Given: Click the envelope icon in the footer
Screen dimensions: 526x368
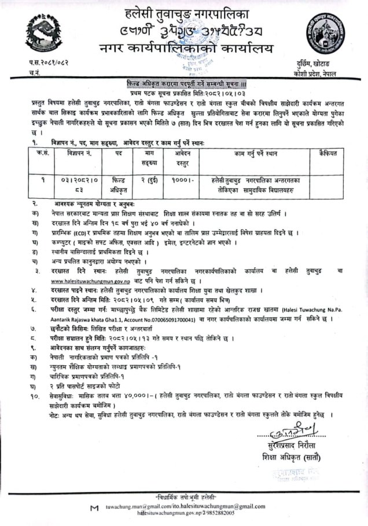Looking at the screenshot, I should [94, 508].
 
